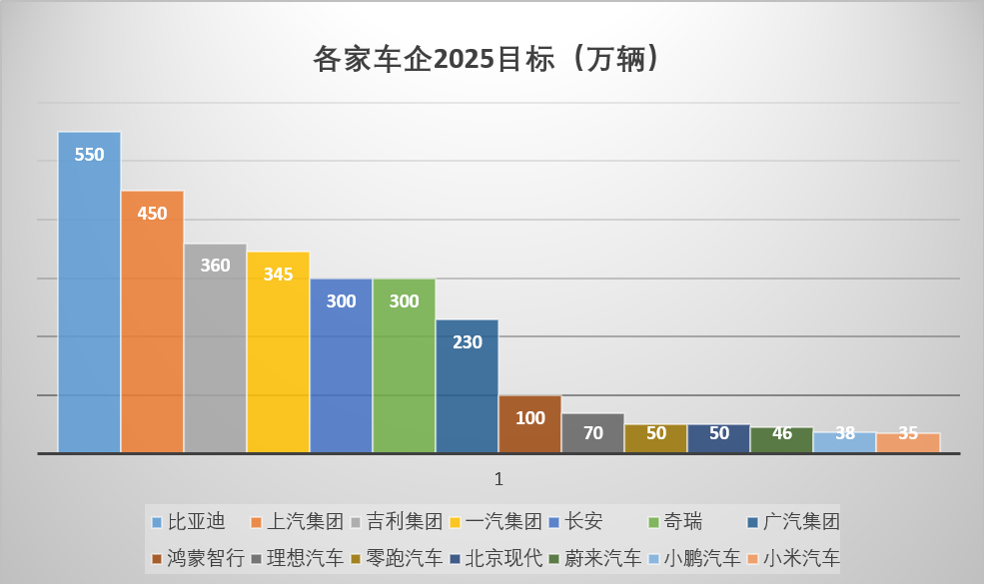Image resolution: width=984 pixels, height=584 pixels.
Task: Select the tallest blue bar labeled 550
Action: coord(89,299)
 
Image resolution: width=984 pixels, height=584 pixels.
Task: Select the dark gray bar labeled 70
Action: coord(592,434)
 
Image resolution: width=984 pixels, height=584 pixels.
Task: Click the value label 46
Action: coord(781,434)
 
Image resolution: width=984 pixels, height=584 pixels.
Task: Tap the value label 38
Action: coord(844,434)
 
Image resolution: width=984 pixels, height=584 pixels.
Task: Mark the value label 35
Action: coord(907,434)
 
